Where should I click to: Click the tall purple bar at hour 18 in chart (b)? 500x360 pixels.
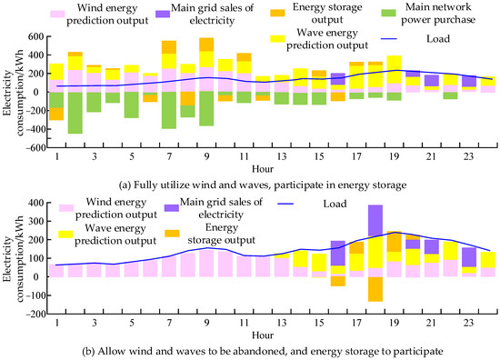point(375,220)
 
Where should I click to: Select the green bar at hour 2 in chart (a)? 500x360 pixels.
point(75,113)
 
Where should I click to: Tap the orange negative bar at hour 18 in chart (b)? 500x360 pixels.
point(375,289)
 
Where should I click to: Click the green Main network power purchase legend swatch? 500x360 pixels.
point(388,13)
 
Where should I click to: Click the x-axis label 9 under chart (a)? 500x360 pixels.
point(206,157)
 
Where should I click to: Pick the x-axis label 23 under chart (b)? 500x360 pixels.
point(468,323)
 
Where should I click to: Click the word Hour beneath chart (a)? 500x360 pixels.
point(263,169)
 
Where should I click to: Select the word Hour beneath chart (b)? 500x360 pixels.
point(263,335)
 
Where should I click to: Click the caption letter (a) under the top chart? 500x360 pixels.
point(125,185)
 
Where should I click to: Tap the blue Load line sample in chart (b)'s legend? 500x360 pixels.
point(285,204)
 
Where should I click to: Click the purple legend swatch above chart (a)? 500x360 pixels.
point(163,14)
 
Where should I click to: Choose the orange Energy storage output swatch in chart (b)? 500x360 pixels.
point(172,234)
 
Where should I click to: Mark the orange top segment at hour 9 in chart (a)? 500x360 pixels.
point(206,45)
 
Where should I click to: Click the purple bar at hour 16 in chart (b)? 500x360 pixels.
point(338,253)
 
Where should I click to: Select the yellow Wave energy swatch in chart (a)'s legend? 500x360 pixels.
point(277,38)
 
